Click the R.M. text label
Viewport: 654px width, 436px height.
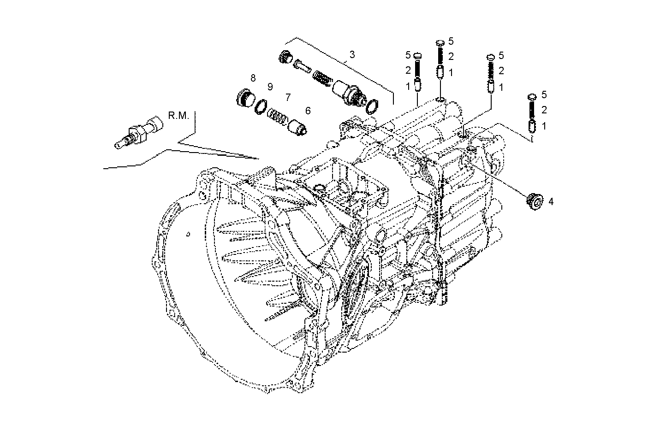pyautogui.click(x=178, y=115)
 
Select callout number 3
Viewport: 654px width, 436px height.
pyautogui.click(x=352, y=55)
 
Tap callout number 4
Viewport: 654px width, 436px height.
pyautogui.click(x=551, y=201)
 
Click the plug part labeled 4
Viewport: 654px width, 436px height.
pyautogui.click(x=535, y=201)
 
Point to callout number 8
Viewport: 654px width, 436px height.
pyautogui.click(x=253, y=77)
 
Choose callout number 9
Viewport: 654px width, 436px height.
pyautogui.click(x=270, y=87)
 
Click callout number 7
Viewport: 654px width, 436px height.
pyautogui.click(x=288, y=97)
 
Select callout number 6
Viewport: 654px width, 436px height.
pyautogui.click(x=307, y=111)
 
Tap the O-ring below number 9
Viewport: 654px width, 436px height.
pyautogui.click(x=261, y=106)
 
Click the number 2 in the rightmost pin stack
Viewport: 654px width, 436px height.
pyautogui.click(x=544, y=110)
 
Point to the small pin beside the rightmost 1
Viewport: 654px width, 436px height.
pyautogui.click(x=532, y=125)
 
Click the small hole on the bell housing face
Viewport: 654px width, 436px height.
pyautogui.click(x=188, y=234)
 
